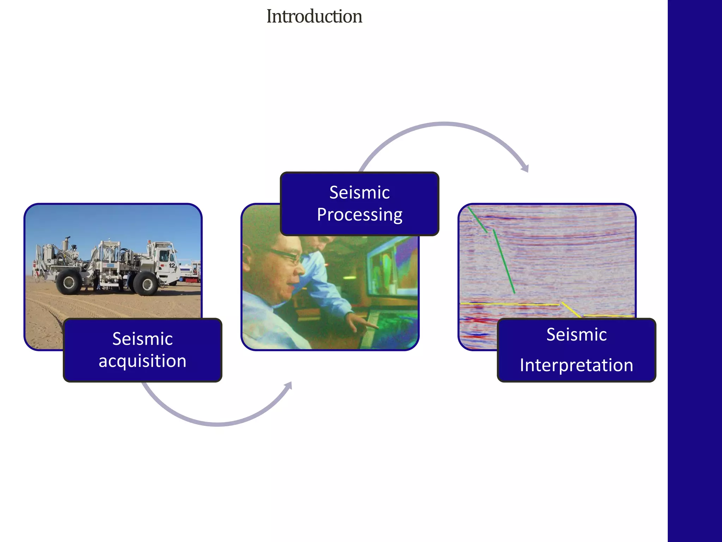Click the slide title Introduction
(x=314, y=17)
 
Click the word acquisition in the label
(x=142, y=361)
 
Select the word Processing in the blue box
(x=360, y=215)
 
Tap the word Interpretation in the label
(x=576, y=365)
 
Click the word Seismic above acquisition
(x=142, y=339)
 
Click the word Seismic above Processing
(x=360, y=192)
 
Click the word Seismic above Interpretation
(x=576, y=334)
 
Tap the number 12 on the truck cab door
(x=172, y=265)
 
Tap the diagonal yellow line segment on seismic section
(x=571, y=310)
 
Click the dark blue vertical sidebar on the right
(x=695, y=271)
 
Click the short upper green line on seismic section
(x=478, y=220)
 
